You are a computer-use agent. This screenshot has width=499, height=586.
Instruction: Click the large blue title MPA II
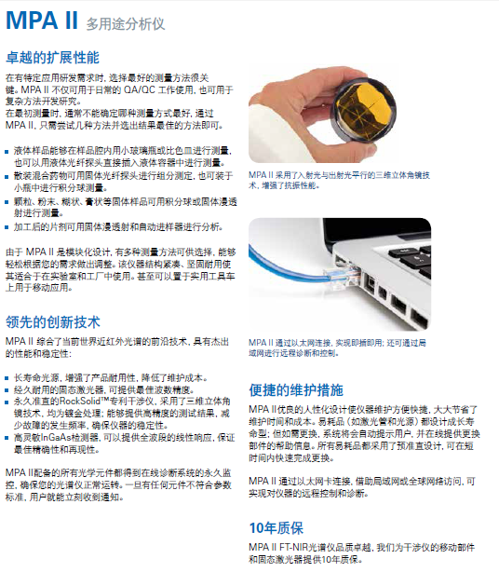pos(42,20)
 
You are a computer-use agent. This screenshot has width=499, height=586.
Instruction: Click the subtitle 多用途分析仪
pos(126,24)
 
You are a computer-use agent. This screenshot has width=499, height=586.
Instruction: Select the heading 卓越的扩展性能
pos(53,58)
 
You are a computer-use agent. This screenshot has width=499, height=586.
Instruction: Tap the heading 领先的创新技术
pos(53,322)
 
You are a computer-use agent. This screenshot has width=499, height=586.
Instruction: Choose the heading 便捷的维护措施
pos(296,390)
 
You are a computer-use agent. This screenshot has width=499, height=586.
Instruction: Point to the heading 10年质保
pos(276,528)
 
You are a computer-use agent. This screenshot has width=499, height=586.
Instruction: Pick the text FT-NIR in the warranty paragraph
pos(293,548)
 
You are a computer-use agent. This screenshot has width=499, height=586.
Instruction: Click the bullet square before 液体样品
pos(7,152)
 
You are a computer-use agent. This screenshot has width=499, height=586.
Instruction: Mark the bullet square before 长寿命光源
pos(7,378)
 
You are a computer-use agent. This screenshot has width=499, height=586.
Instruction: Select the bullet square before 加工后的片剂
pos(7,227)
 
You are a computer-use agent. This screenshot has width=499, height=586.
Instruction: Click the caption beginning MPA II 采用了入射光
pos(339,180)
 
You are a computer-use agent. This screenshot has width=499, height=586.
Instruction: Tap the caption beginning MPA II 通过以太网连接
pos(337,348)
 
